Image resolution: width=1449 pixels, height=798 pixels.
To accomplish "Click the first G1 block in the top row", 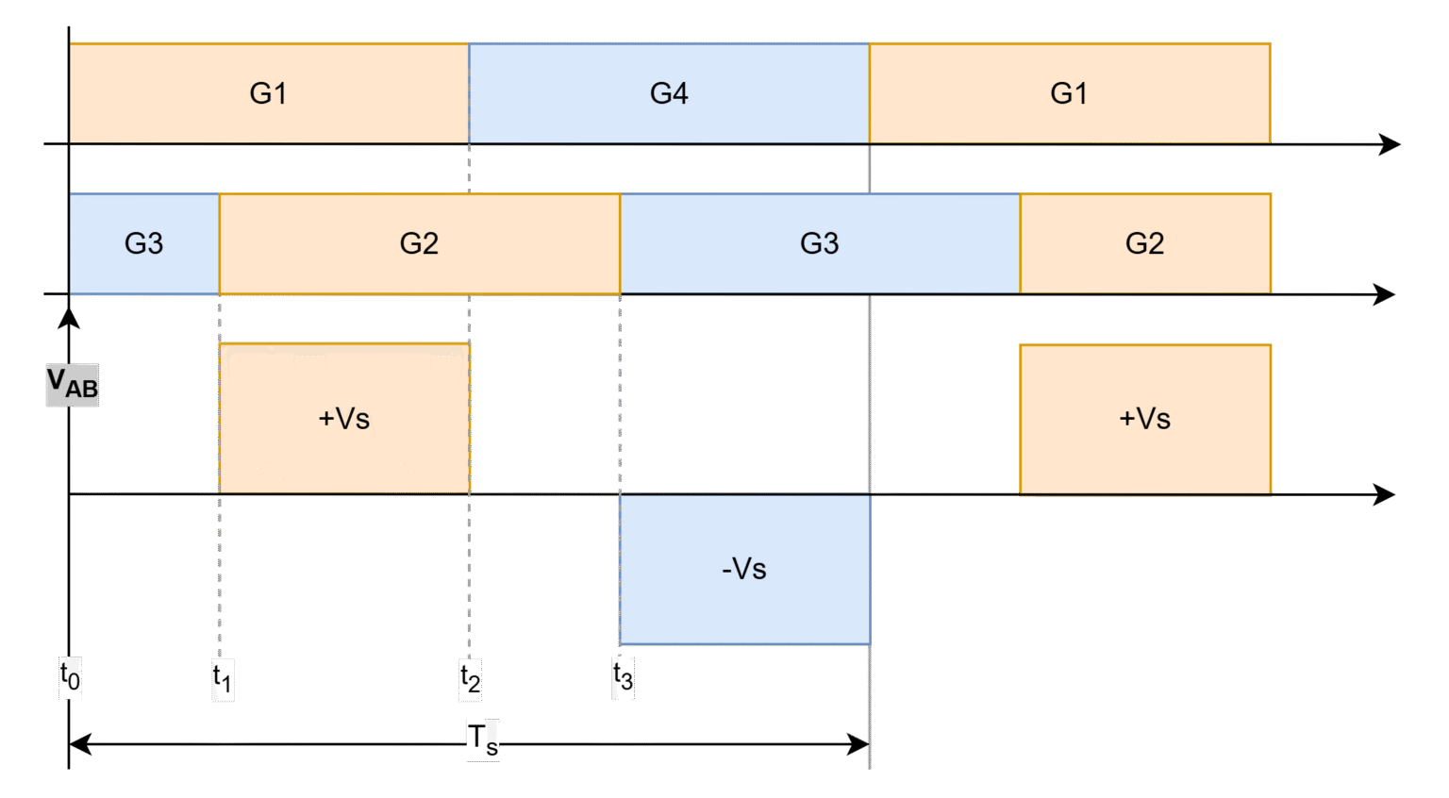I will (x=269, y=93).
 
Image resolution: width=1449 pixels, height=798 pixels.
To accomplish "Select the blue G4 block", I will (x=669, y=93).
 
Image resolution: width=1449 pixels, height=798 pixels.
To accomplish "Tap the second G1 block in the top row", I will (x=1069, y=93).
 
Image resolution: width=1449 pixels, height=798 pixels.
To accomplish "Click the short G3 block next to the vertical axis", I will (x=144, y=243).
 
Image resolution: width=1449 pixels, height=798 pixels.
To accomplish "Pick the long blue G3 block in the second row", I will (x=819, y=243).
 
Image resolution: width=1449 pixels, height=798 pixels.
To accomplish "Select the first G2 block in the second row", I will (x=419, y=243).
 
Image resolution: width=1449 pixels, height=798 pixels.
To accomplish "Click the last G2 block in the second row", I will (x=1144, y=243).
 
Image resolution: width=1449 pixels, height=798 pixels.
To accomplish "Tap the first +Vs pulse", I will (x=344, y=418).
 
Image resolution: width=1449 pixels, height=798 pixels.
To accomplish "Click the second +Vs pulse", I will (x=1144, y=418).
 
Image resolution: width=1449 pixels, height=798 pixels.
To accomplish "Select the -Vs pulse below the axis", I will (x=744, y=569).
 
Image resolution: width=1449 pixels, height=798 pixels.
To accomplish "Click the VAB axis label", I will (x=73, y=385).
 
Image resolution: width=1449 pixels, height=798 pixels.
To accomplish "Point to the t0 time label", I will (x=71, y=677).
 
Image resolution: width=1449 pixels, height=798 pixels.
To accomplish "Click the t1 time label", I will (x=223, y=679).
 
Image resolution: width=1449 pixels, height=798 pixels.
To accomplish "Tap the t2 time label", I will (x=471, y=679).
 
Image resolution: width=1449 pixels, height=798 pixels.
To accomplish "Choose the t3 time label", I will (x=624, y=677).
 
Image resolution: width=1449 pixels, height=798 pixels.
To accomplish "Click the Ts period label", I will (x=483, y=740).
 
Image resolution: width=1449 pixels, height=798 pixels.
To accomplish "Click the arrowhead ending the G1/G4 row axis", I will (x=1391, y=144).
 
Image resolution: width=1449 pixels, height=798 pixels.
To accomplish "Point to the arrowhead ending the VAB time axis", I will (x=1385, y=494).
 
